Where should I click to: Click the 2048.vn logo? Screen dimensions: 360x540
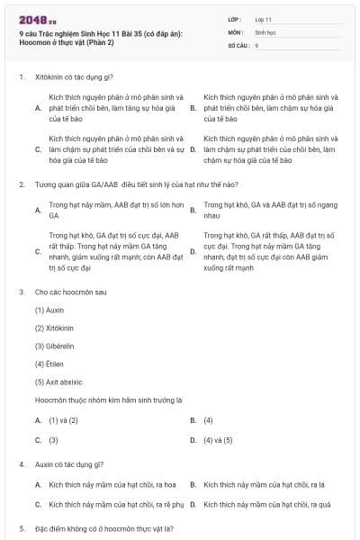(x=36, y=19)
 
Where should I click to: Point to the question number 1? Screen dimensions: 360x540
(x=21, y=76)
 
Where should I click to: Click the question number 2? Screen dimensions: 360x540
(x=21, y=184)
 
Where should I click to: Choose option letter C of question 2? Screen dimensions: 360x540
(x=38, y=251)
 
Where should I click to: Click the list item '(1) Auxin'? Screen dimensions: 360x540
(x=50, y=309)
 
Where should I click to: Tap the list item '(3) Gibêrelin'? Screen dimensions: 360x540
(x=54, y=345)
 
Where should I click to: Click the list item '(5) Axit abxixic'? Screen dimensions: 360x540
(x=59, y=381)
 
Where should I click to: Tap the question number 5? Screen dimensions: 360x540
(x=21, y=528)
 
